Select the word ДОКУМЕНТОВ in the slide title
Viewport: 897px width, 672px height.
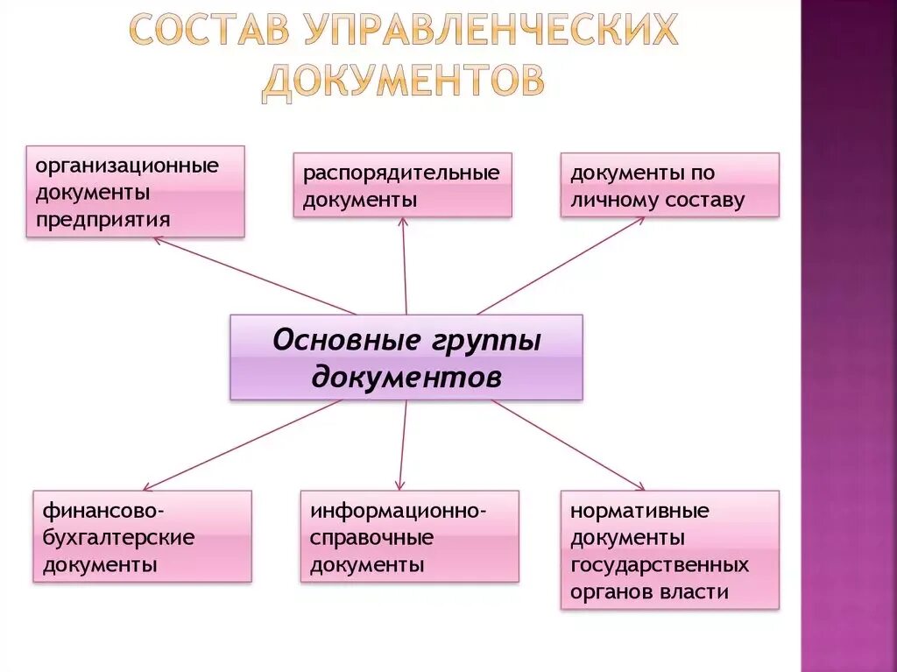(403, 80)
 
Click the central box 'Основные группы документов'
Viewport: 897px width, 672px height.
(406, 357)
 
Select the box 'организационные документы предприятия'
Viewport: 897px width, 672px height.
(135, 191)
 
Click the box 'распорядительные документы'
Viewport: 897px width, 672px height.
(402, 185)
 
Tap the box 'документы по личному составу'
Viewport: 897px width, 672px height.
(669, 185)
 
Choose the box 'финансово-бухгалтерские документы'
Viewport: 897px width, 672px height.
(142, 536)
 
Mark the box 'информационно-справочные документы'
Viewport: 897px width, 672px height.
(409, 536)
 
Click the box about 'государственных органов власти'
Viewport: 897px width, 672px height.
(669, 549)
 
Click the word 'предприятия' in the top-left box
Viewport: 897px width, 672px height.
(98, 218)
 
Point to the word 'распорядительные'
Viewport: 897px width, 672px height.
(401, 173)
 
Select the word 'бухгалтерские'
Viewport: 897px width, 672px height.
(118, 537)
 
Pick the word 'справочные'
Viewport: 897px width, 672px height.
(371, 537)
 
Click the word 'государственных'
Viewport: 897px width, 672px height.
(659, 564)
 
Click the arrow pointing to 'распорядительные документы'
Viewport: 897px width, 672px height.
(405, 266)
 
